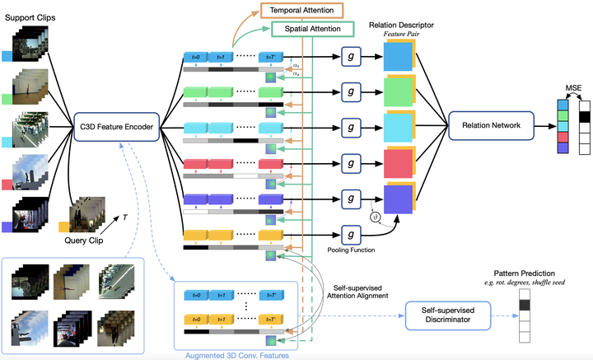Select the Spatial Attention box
(312, 29)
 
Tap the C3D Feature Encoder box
(116, 126)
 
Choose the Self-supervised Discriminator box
(447, 314)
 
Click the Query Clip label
(86, 240)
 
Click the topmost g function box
(352, 56)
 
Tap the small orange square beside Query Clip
(63, 227)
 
